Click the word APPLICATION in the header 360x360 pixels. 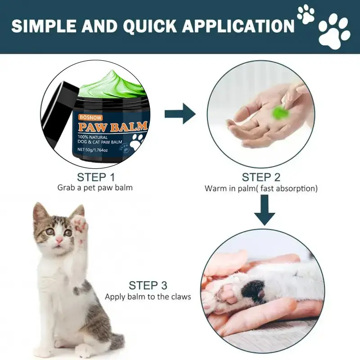coord(238,26)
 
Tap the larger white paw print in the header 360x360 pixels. coord(334,31)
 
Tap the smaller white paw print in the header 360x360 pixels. coord(306,14)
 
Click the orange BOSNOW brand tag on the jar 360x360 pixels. coord(90,117)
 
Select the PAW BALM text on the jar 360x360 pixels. coord(112,126)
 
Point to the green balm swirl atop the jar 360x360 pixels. coord(113,85)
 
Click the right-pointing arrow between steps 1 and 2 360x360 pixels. coord(180,113)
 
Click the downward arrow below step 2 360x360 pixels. coord(265,210)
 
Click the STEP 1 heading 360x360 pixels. coord(96,177)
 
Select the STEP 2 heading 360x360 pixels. coord(261,177)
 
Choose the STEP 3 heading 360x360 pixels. coord(148,285)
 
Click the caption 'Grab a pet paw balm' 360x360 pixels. coord(95,188)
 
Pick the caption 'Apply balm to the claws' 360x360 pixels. coord(148,297)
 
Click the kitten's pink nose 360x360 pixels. coord(59,240)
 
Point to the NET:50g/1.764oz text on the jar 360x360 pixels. coord(93,150)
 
